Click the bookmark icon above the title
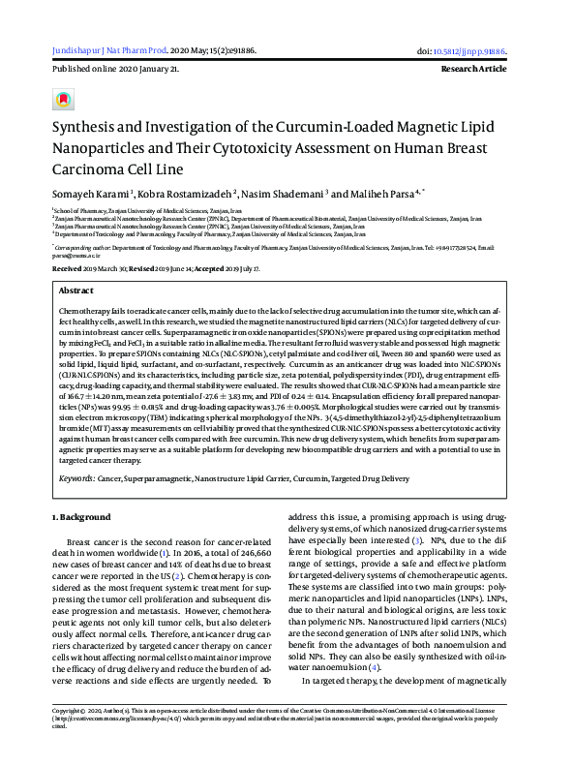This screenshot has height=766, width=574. (63, 100)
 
